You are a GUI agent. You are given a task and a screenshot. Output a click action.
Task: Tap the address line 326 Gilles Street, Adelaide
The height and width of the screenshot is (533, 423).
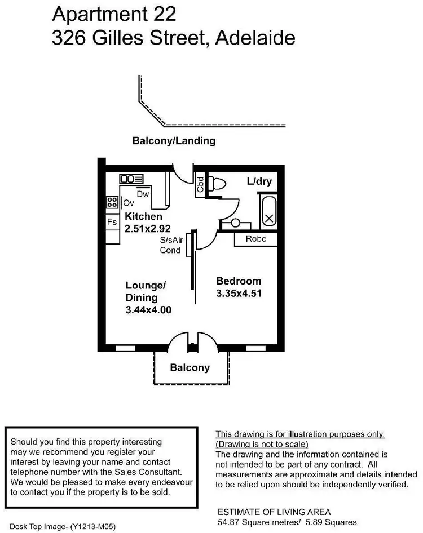click(x=173, y=38)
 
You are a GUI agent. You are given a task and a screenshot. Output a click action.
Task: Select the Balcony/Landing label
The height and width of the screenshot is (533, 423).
click(x=174, y=141)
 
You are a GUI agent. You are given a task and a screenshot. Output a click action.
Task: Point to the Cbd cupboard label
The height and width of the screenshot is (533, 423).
click(x=200, y=185)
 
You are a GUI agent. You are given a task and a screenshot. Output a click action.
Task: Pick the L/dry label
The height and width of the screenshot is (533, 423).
click(x=259, y=181)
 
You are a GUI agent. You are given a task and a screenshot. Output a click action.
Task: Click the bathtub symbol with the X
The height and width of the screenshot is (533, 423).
click(x=269, y=211)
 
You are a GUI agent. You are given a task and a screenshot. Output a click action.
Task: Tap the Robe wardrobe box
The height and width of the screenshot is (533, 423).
click(x=256, y=239)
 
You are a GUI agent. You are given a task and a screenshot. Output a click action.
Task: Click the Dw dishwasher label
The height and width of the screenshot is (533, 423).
click(x=142, y=193)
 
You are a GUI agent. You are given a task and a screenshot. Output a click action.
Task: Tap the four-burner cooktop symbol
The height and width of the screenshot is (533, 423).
click(x=112, y=202)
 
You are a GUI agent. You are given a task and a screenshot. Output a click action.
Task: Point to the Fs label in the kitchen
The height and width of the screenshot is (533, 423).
click(x=112, y=222)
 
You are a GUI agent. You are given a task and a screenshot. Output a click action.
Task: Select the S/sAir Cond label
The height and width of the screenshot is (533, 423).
click(x=171, y=245)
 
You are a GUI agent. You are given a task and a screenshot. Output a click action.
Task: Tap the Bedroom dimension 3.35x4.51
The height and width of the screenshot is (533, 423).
click(x=239, y=293)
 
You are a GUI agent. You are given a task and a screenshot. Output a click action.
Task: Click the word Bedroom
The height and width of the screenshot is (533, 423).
click(x=239, y=281)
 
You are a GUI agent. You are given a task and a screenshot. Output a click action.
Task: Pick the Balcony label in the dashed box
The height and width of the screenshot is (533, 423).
click(x=190, y=368)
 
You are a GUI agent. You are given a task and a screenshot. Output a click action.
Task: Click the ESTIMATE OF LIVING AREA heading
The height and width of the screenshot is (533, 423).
click(x=274, y=512)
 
